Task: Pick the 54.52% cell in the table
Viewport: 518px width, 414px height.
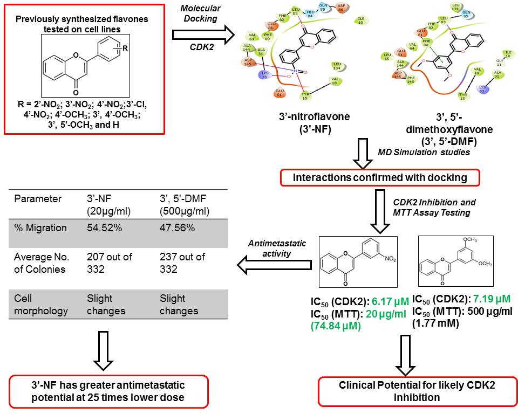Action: coord(105,227)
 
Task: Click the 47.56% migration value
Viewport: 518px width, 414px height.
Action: coord(178,227)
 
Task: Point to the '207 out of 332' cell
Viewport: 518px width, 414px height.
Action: coord(110,263)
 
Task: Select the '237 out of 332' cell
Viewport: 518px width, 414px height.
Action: coord(182,263)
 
